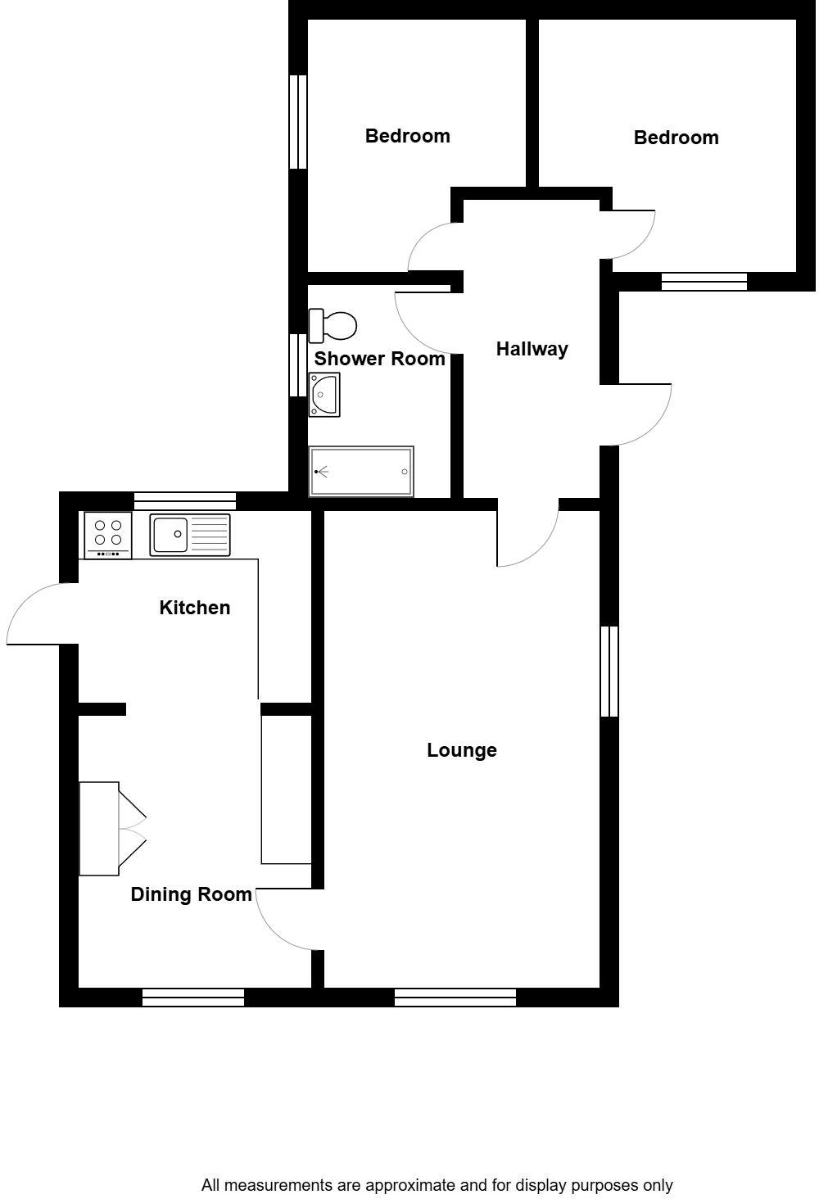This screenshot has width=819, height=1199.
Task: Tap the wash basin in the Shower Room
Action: tap(324, 395)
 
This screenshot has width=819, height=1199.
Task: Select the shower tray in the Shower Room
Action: tap(361, 472)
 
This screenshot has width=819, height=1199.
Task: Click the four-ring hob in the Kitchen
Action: tap(108, 533)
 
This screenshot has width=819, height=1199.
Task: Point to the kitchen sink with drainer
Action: tap(190, 534)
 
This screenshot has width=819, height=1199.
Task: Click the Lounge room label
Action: tap(462, 750)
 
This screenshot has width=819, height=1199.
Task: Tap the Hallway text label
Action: tap(532, 350)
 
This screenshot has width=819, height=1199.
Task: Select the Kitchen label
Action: tap(194, 608)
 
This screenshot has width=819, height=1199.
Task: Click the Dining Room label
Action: tap(191, 894)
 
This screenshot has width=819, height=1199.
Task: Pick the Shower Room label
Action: tap(379, 359)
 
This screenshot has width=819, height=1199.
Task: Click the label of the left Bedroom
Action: tap(407, 136)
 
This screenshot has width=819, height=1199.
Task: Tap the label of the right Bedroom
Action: tap(676, 138)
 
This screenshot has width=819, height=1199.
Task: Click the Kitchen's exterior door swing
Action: tap(37, 614)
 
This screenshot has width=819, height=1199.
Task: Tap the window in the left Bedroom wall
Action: tap(298, 122)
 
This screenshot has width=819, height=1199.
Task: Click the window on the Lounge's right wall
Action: tap(609, 671)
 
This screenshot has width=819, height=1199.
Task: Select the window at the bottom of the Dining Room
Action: tap(193, 997)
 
